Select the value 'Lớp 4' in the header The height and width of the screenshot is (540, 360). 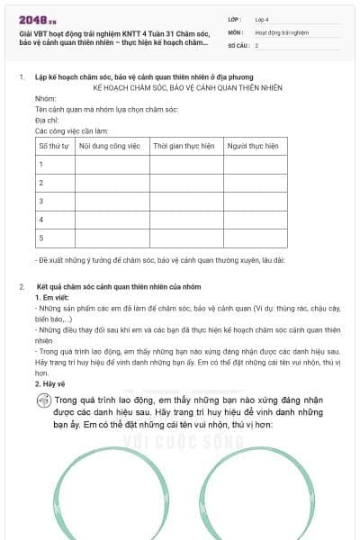coord(262,18)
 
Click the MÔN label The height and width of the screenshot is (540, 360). coord(236,31)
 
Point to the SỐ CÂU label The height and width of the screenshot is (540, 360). coord(238,44)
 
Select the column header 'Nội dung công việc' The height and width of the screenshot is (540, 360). coord(112,145)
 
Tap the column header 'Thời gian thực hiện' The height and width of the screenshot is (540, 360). coord(184,145)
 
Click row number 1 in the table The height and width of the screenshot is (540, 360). coord(40,164)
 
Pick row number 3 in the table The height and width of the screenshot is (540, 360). coord(40,201)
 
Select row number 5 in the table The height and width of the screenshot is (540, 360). coord(40,238)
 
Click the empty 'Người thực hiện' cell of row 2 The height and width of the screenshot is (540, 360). coord(257,183)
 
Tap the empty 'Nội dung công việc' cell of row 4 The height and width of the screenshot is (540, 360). coord(112,220)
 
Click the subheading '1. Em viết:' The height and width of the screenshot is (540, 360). coord(51,297)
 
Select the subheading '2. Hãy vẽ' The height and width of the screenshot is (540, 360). coord(50,383)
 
